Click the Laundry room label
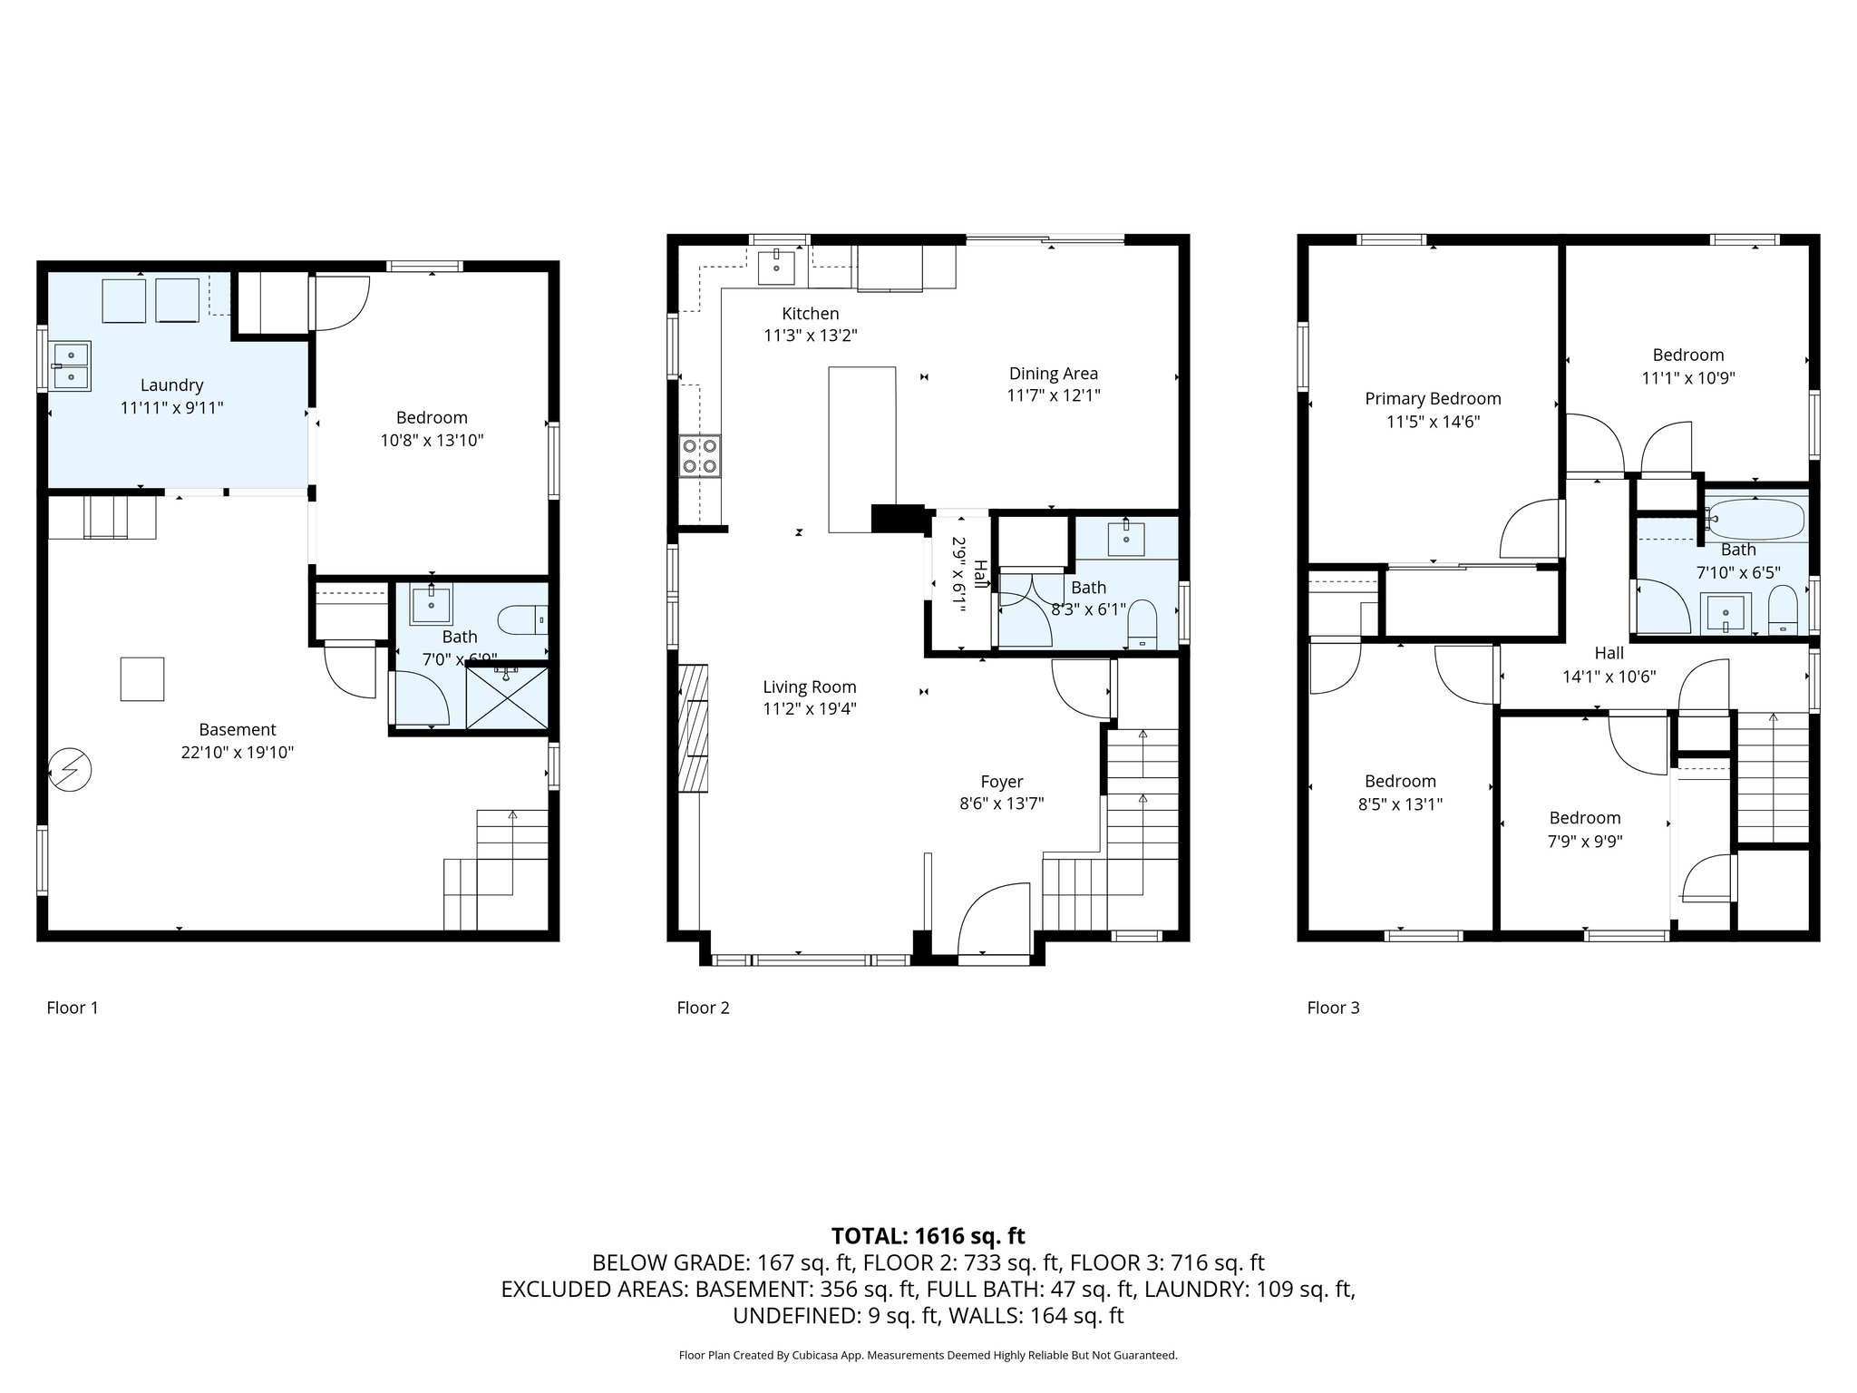coord(171,385)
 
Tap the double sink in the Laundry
coord(70,365)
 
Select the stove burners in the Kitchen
coord(699,456)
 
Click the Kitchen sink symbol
coord(776,267)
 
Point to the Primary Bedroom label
coord(1433,399)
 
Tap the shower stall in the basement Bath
coord(507,696)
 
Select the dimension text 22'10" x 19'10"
coord(238,752)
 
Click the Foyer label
coord(1001,782)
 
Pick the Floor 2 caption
coord(703,1008)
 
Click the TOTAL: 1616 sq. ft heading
coord(928,1235)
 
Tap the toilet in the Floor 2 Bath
coord(1141,627)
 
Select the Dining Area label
coord(1053,374)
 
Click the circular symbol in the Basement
coord(71,770)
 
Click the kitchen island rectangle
coord(861,449)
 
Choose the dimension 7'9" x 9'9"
coord(1584,841)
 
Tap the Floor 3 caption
coord(1333,1008)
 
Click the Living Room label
coord(809,687)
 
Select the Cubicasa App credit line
coord(928,1355)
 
